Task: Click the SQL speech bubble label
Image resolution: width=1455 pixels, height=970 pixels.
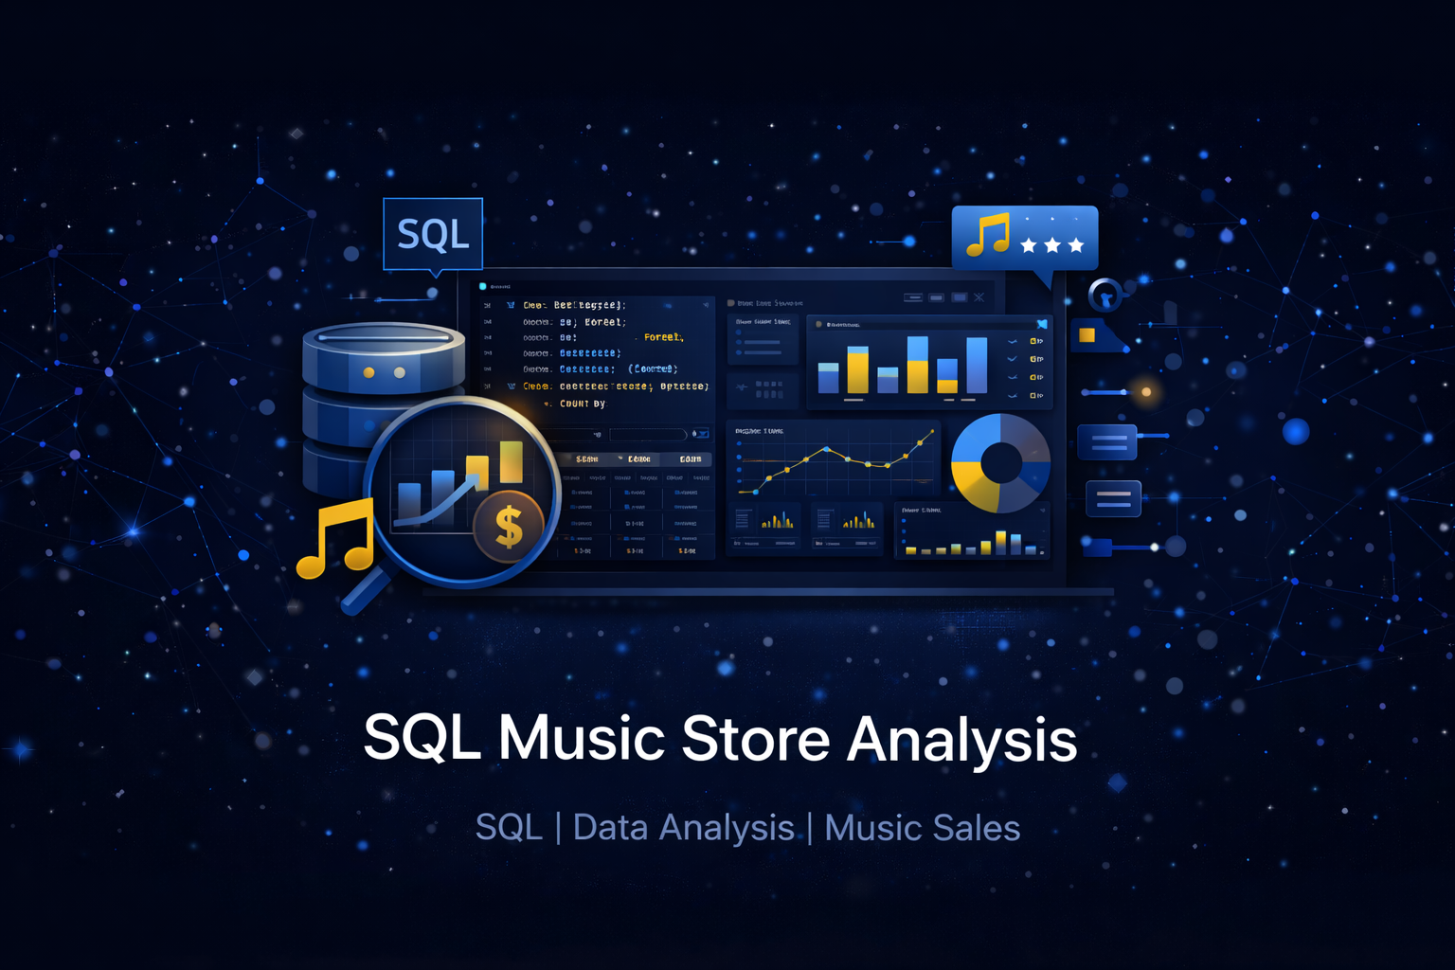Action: click(x=433, y=234)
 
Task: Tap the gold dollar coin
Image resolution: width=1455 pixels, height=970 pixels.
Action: click(x=510, y=526)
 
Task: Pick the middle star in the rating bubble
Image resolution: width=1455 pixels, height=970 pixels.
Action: click(x=1052, y=245)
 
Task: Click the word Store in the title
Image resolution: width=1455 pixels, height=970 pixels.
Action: click(x=755, y=739)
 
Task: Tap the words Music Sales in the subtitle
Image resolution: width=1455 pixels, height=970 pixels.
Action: click(x=922, y=828)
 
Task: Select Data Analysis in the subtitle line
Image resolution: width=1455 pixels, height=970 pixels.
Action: click(x=683, y=828)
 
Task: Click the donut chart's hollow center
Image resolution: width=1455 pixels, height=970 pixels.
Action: click(x=1001, y=463)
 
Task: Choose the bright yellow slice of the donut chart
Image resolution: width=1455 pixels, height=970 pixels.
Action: click(x=974, y=484)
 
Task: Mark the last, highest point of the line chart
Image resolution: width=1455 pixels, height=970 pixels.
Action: click(x=932, y=432)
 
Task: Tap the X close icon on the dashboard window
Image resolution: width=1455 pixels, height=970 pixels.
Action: click(x=979, y=297)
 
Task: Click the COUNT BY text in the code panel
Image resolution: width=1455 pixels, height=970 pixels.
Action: click(x=582, y=404)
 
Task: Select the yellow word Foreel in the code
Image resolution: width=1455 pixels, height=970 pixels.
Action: click(x=663, y=337)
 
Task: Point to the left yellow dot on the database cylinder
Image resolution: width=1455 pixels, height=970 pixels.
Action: click(x=368, y=372)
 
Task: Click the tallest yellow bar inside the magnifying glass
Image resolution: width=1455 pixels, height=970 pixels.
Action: click(x=512, y=462)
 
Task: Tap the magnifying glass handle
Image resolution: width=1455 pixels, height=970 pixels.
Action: click(x=365, y=589)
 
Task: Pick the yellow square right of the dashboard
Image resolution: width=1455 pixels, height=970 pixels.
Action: click(x=1087, y=334)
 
